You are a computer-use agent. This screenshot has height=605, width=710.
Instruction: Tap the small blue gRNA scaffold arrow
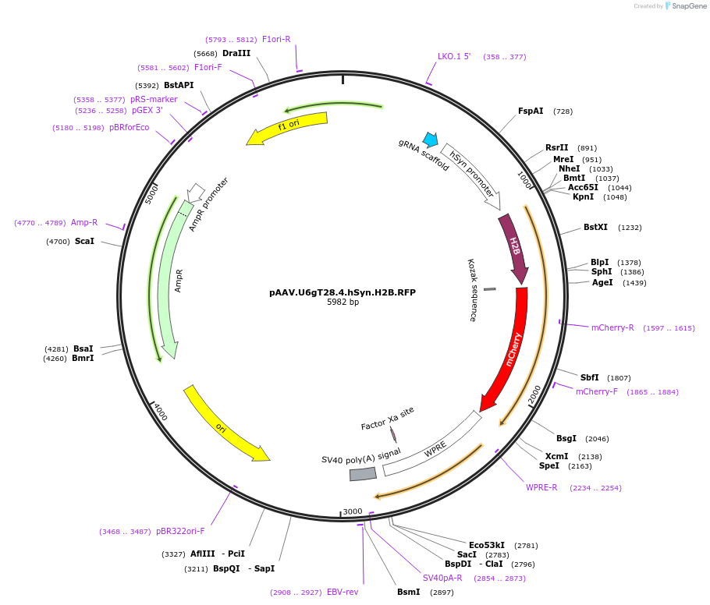pyautogui.click(x=430, y=140)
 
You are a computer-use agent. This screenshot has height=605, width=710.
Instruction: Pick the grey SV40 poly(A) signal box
pyautogui.click(x=363, y=474)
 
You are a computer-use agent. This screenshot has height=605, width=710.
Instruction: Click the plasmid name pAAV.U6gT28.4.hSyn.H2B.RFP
pyautogui.click(x=343, y=292)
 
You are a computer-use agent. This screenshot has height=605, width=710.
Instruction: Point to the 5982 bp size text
pyautogui.click(x=343, y=302)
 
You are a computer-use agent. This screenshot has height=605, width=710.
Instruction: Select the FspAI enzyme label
pyautogui.click(x=531, y=111)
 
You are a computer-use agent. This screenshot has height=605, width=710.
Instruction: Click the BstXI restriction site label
pyautogui.click(x=595, y=228)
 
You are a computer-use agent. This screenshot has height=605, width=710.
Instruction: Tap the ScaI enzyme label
pyautogui.click(x=84, y=242)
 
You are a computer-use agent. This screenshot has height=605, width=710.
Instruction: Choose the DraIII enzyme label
pyautogui.click(x=236, y=54)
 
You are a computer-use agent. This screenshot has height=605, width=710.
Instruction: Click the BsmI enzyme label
pyautogui.click(x=408, y=593)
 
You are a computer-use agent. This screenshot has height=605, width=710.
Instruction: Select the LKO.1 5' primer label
pyautogui.click(x=454, y=56)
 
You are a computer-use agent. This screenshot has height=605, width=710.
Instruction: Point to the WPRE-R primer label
pyautogui.click(x=541, y=488)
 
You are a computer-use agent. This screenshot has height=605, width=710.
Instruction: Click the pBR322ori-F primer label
pyautogui.click(x=180, y=532)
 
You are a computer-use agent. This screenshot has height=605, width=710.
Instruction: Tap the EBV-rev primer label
pyautogui.click(x=343, y=593)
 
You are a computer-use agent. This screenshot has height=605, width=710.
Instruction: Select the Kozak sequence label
pyautogui.click(x=472, y=290)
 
